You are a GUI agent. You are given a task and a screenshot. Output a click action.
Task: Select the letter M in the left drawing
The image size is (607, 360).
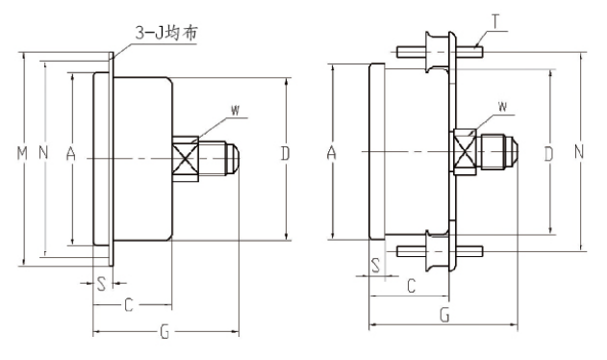click(23, 154)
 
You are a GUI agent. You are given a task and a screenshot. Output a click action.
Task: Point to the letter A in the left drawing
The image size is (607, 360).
click(70, 154)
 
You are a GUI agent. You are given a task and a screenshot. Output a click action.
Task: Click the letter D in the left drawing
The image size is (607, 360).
click(286, 154)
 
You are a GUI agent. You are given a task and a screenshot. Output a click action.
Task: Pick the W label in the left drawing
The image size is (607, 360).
click(235, 111)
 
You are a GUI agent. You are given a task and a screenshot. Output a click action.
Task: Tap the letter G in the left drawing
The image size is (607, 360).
click(164, 332)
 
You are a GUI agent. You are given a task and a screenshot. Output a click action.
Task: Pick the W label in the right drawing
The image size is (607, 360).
click(502, 104)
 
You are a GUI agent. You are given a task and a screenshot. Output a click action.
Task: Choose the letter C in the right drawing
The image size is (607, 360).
click(411, 286)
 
